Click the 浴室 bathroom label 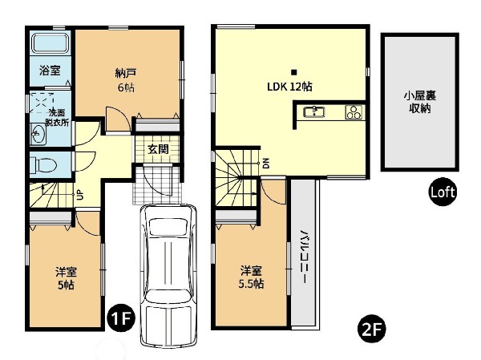(x=50, y=71)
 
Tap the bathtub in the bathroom (x=51, y=43)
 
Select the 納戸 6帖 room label (x=126, y=80)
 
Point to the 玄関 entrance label (x=158, y=149)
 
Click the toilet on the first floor (x=43, y=165)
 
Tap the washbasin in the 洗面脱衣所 (x=38, y=134)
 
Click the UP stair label (x=79, y=195)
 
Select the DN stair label (x=266, y=163)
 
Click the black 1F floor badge (x=121, y=319)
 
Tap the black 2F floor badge (x=372, y=330)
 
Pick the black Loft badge (x=443, y=192)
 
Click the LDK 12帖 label (x=289, y=87)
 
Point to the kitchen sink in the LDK (x=314, y=111)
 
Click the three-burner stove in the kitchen (x=354, y=112)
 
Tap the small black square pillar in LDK (x=294, y=72)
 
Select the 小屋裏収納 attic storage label (x=419, y=102)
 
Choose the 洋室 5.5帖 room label (x=251, y=277)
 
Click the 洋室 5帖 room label (x=66, y=278)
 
